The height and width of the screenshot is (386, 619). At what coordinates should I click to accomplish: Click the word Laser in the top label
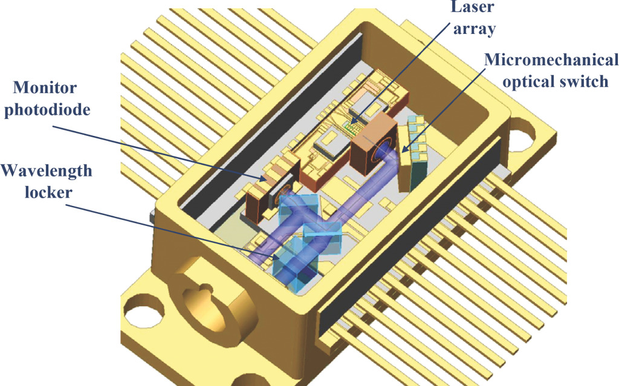coord(473,7)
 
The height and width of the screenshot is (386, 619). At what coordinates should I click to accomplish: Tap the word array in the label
coord(474,30)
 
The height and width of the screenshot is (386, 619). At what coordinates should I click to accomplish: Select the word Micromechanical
coord(551,60)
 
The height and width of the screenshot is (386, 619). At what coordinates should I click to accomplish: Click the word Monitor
coord(45,87)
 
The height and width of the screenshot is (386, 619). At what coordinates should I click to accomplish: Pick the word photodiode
coord(47,109)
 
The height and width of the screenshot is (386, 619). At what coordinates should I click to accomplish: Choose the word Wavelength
coord(46,171)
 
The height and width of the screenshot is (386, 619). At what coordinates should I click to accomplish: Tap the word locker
coord(48,193)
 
